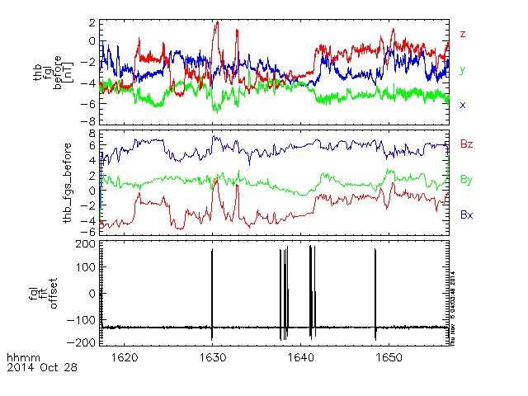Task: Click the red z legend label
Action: click(x=463, y=34)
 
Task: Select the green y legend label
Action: click(x=463, y=70)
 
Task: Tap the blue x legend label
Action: click(x=463, y=106)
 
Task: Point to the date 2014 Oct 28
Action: click(x=41, y=368)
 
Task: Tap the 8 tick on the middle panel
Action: click(x=92, y=133)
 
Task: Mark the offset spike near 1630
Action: click(x=212, y=289)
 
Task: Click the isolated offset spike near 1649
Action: click(x=375, y=289)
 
